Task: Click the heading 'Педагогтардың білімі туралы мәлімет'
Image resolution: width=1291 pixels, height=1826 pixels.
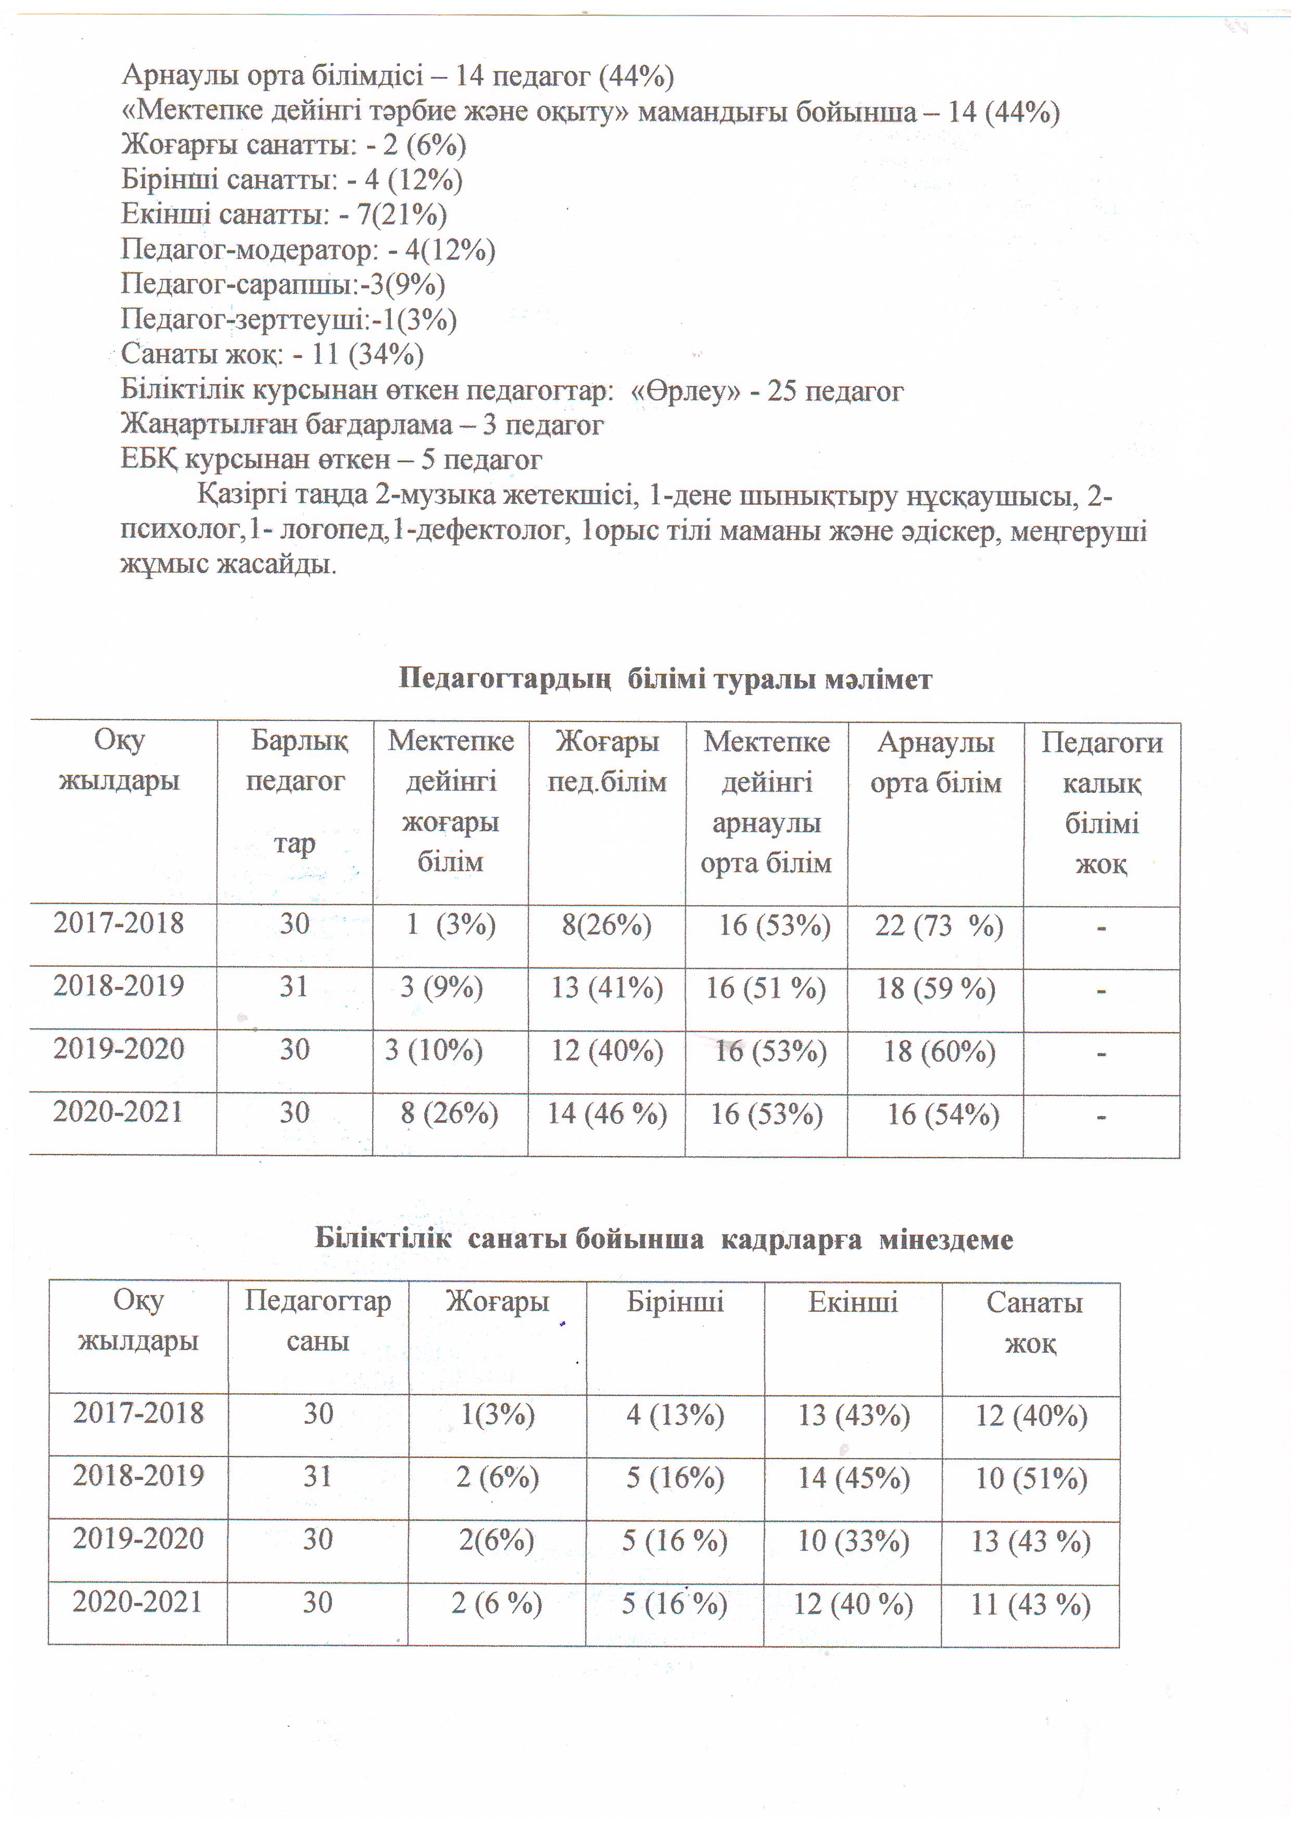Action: (664, 679)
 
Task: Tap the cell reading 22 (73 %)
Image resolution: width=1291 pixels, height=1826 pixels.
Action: (939, 925)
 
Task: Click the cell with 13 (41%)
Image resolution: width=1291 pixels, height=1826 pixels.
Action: (607, 988)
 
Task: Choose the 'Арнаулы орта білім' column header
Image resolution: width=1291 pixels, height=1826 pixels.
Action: (935, 762)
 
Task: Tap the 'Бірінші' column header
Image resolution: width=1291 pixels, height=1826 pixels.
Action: (675, 1302)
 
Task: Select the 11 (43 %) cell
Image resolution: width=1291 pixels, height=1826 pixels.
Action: (1030, 1605)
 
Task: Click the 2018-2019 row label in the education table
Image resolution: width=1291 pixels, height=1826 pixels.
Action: (119, 986)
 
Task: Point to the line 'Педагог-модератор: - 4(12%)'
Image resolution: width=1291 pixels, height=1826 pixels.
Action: (308, 250)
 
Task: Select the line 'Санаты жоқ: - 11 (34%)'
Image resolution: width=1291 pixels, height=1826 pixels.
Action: (272, 354)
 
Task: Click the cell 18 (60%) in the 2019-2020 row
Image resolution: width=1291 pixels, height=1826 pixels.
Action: (940, 1051)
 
